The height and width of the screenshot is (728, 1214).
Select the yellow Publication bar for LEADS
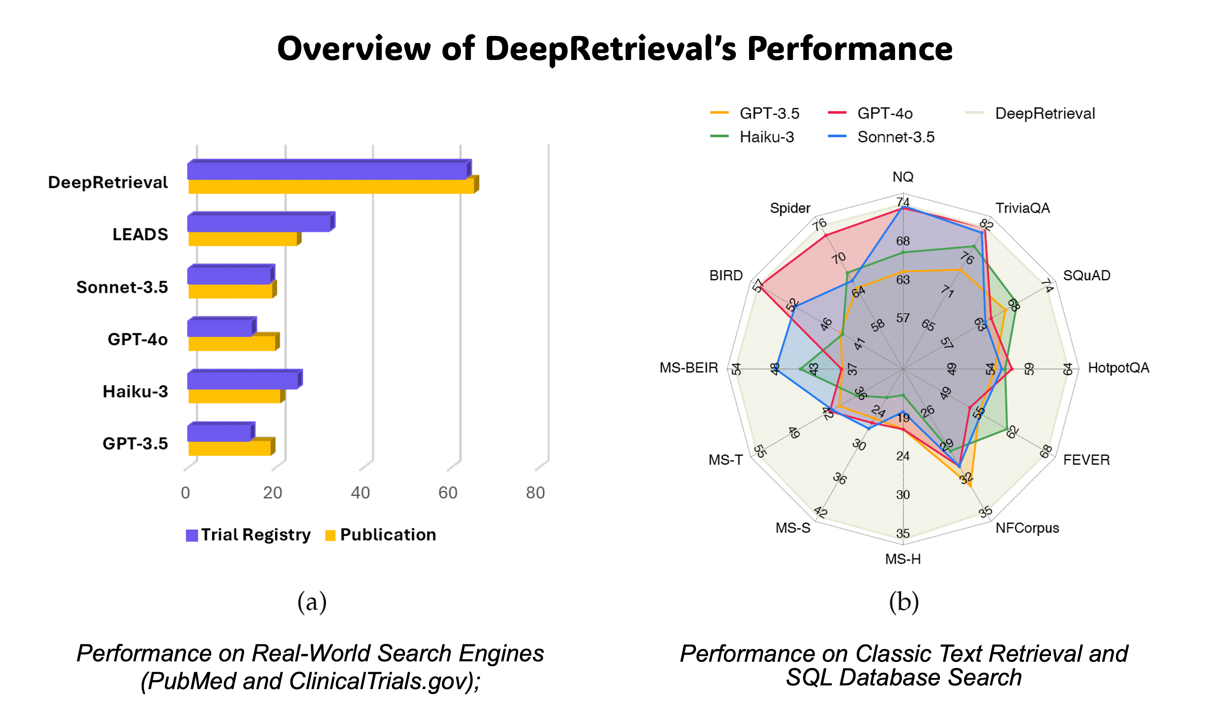243,239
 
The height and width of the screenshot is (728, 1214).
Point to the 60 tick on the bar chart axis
447,492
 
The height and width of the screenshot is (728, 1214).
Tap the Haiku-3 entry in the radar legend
766,137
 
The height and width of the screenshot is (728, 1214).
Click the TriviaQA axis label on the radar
1022,208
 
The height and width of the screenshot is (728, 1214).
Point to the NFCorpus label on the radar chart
1027,528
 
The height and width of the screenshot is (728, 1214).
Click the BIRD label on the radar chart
726,276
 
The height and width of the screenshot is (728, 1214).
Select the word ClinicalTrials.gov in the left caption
380,681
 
